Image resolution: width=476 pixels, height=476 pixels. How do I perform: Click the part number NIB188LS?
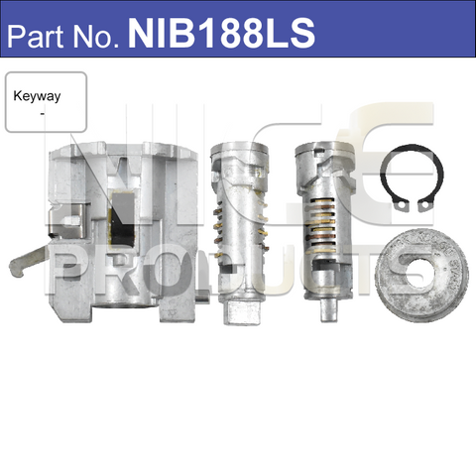coord(220,35)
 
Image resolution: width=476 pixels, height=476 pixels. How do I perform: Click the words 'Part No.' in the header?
coord(63,36)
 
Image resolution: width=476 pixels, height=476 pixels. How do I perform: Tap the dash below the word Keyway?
coord(42,115)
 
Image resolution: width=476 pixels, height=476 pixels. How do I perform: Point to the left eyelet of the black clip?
coord(395,205)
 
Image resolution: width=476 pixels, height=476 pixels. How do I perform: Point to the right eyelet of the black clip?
coord(423,205)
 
